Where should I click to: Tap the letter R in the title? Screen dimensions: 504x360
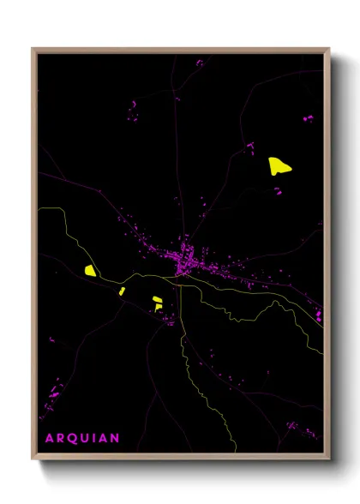(x=59, y=438)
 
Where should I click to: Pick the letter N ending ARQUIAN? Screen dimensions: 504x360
(x=115, y=438)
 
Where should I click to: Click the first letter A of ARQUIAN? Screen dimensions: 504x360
(x=47, y=438)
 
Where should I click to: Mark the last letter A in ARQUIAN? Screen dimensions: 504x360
(x=103, y=438)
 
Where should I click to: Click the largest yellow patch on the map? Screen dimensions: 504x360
(x=279, y=165)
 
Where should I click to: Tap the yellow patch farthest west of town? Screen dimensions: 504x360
(x=90, y=270)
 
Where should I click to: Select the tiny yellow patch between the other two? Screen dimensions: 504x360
(x=122, y=291)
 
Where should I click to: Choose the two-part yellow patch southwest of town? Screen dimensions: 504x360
(x=157, y=303)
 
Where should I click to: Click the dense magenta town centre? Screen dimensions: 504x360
(x=185, y=258)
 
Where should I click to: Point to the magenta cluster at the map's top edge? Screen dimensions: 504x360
(x=200, y=63)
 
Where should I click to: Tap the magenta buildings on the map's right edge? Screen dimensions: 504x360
(x=319, y=316)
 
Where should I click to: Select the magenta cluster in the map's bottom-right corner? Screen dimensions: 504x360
(x=297, y=425)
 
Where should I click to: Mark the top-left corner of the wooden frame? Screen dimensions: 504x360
(x=33, y=49)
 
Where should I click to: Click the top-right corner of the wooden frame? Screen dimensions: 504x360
(x=329, y=49)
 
